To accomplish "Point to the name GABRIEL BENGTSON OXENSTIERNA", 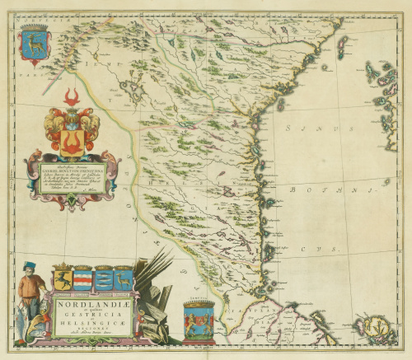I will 76,170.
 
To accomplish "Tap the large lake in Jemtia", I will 129,85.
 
